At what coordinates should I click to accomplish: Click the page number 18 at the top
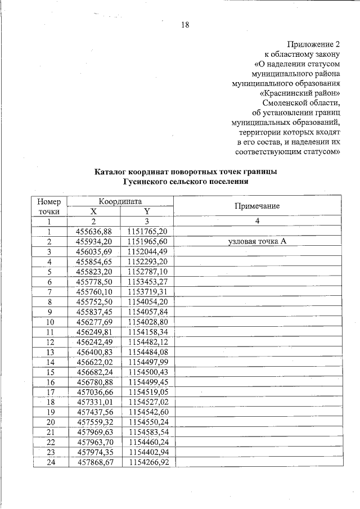[185, 24]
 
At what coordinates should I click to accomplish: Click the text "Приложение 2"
[314, 44]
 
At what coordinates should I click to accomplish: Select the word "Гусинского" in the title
[147, 182]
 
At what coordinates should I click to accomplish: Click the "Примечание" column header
[257, 206]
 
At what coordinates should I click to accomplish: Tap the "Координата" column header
[120, 201]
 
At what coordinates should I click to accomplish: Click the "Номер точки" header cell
[49, 206]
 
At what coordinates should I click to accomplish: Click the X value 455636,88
[94, 231]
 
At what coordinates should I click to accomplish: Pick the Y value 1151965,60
[147, 241]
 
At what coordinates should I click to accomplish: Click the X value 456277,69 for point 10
[94, 322]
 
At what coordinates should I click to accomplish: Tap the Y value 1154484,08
[147, 352]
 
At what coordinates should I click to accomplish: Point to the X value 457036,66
[94, 391]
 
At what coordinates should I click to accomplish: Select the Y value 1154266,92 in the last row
[147, 462]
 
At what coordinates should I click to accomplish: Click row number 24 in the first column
[49, 462]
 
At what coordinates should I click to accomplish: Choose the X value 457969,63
[94, 432]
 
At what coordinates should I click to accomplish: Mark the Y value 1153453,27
[147, 281]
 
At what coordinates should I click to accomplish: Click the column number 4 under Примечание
[257, 221]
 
